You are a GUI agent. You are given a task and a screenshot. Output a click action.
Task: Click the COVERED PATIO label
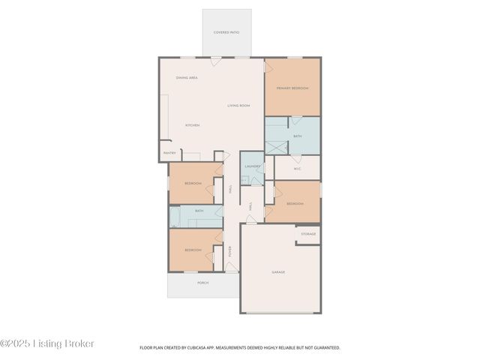click(x=226, y=32)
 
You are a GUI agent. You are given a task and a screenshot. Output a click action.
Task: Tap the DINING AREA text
click(x=187, y=78)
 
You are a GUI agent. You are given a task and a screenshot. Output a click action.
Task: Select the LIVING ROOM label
click(x=238, y=106)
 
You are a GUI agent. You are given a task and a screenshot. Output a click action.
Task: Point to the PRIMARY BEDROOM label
click(x=292, y=88)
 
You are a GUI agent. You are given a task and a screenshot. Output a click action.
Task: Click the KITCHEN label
click(x=192, y=125)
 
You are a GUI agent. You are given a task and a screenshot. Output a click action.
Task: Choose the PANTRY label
click(x=169, y=153)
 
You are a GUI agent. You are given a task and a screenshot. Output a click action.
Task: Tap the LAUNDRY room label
click(x=253, y=166)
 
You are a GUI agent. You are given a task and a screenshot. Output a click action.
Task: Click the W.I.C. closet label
click(x=297, y=168)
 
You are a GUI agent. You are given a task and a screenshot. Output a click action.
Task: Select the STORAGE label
click(x=308, y=234)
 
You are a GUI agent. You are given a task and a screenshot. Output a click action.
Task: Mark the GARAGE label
click(x=278, y=272)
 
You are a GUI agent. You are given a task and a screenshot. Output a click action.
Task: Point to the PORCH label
click(x=202, y=283)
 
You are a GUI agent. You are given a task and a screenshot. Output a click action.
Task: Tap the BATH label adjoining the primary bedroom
click(x=298, y=136)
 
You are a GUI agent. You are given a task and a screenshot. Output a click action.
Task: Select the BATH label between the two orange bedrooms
click(x=199, y=211)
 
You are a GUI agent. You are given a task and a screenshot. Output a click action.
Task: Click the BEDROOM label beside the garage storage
click(x=295, y=204)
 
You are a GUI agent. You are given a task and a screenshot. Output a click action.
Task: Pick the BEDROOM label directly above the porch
click(x=193, y=250)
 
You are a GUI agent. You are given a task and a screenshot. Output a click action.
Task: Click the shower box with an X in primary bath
click(x=275, y=145)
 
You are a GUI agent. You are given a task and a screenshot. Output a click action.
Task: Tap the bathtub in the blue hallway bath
click(x=174, y=217)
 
